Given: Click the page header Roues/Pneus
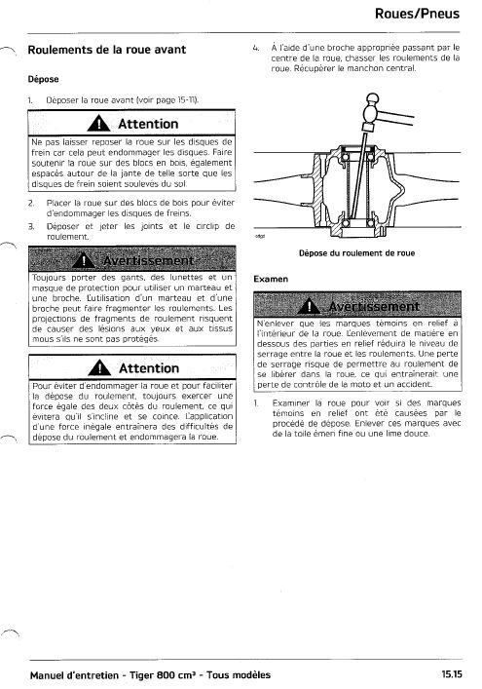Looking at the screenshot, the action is tap(417, 14).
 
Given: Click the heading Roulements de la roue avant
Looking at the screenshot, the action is tap(107, 50).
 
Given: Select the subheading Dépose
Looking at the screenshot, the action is tap(43, 79).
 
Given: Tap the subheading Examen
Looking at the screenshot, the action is tap(271, 279).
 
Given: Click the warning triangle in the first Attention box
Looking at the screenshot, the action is tap(98, 124).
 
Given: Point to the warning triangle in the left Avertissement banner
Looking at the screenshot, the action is tap(84, 260).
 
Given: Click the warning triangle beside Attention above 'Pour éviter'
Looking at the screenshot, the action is tap(99, 367).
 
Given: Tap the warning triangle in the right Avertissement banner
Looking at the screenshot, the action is tap(309, 306).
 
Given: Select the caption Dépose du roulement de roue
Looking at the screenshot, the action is tap(357, 253).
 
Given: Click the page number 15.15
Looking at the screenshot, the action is tap(452, 674).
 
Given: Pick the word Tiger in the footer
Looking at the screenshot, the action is tap(142, 675).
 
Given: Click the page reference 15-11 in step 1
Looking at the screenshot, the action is tap(187, 100).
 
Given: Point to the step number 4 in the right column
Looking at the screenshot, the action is tap(255, 48).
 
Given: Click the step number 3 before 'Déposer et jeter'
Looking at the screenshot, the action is tap(31, 227).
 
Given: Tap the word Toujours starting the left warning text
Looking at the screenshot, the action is tap(49, 278).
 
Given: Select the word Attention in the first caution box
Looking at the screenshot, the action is tap(148, 124).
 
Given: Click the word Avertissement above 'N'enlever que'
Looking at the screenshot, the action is tap(374, 306).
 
